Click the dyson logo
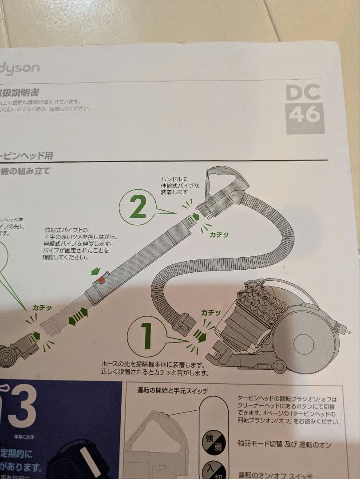20,68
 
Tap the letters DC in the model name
303,93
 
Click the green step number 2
138,208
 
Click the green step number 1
146,336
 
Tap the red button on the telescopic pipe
102,280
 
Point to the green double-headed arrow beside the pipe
78,318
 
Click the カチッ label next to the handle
219,235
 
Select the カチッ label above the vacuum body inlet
211,313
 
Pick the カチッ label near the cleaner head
42,307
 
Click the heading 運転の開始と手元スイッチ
172,391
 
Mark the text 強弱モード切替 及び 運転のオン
284,444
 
